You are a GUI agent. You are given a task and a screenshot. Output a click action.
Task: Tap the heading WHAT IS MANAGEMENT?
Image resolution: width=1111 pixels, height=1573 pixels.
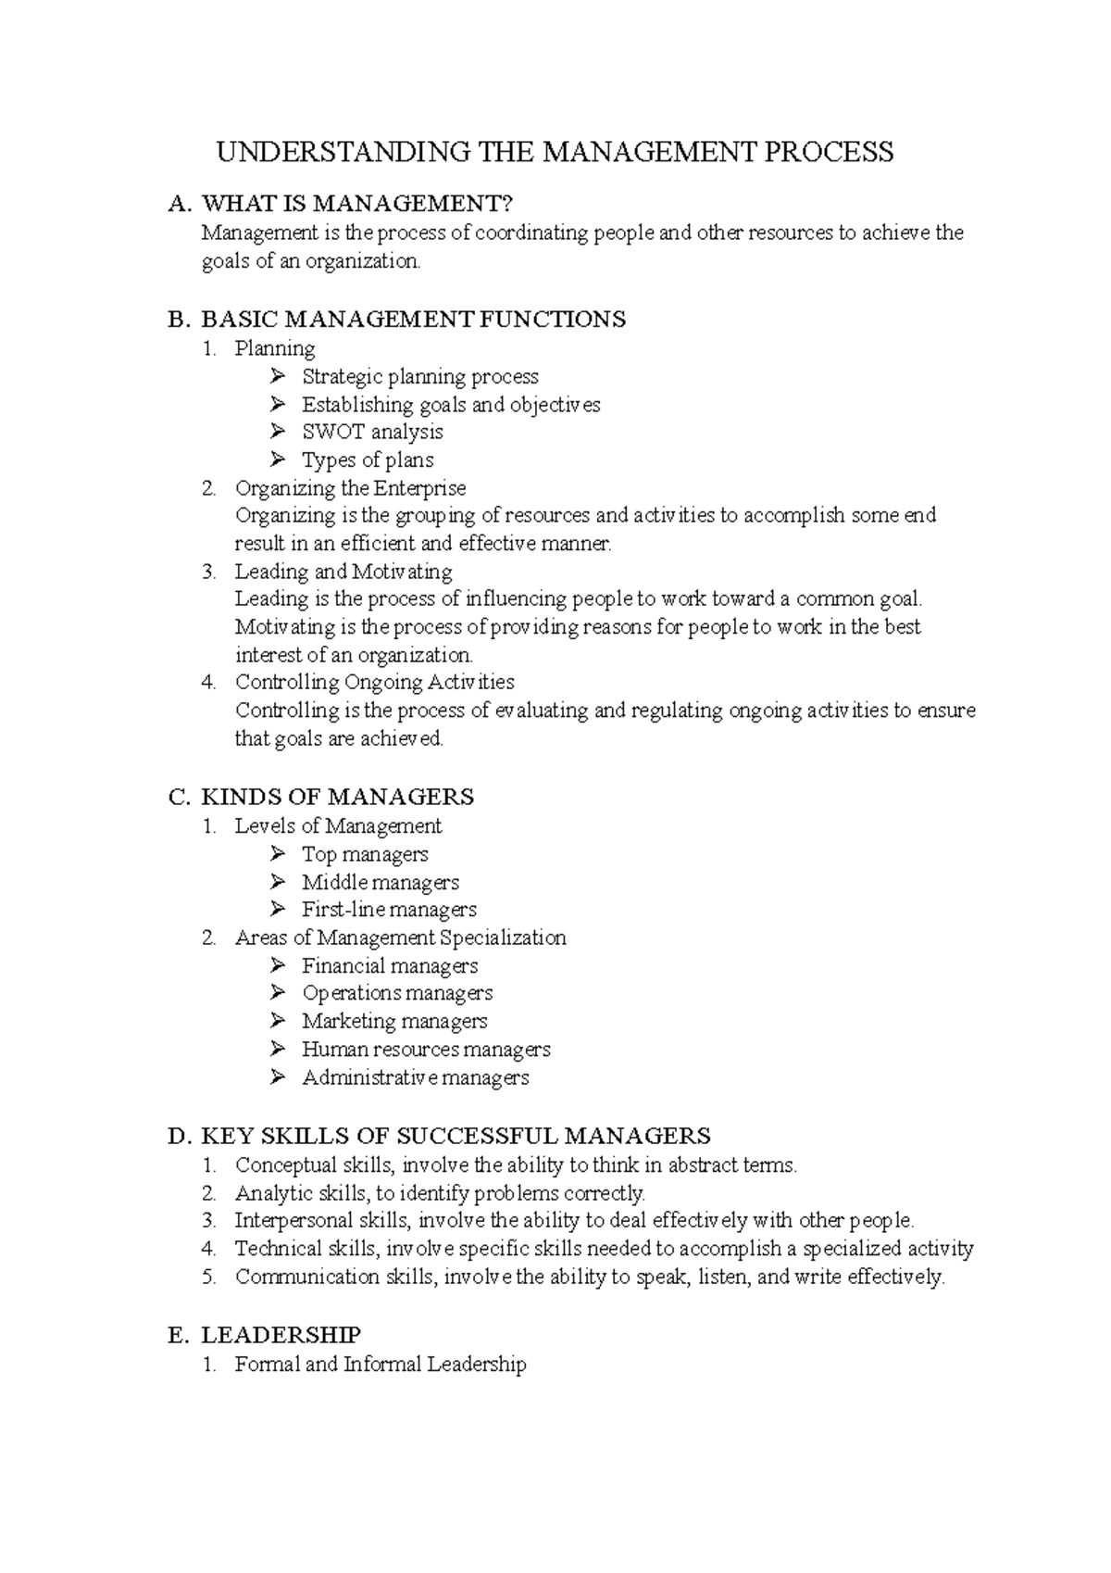[356, 204]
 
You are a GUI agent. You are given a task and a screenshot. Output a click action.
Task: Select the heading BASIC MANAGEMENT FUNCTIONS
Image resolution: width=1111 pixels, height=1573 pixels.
[413, 320]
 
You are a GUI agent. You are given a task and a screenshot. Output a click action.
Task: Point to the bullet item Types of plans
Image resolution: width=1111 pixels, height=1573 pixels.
[368, 460]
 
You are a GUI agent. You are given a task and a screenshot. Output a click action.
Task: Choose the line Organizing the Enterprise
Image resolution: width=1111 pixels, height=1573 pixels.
[350, 488]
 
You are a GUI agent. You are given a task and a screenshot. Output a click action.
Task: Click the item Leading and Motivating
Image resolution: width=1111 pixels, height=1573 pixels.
[343, 572]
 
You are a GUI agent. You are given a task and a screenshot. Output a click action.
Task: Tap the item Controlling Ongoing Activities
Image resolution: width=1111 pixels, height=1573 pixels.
[374, 683]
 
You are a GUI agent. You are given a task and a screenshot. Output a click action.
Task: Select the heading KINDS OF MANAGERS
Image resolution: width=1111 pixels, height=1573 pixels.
[337, 797]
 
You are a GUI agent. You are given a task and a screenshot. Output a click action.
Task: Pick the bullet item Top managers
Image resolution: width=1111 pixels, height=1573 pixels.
[365, 854]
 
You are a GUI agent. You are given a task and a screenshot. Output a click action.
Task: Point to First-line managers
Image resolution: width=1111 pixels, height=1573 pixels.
[389, 910]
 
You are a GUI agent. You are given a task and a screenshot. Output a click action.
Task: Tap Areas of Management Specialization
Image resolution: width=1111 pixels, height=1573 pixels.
[400, 938]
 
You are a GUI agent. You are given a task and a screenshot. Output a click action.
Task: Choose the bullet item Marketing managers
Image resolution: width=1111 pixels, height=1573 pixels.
[394, 1021]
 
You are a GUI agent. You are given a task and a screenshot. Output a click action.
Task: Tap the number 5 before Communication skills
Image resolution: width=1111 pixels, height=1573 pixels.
[208, 1277]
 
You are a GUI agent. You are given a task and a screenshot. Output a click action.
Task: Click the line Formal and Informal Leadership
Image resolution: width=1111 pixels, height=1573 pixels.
[381, 1365]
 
